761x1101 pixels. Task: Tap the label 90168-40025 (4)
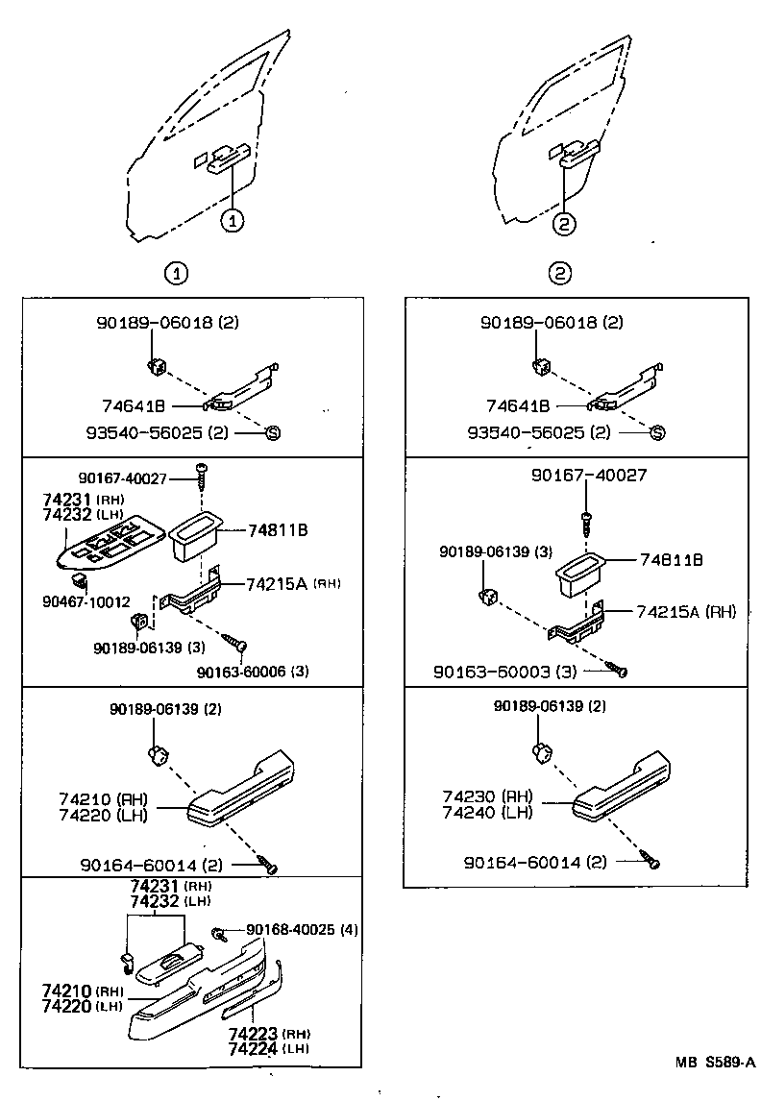click(x=302, y=929)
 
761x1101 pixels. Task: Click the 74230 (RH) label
click(x=488, y=796)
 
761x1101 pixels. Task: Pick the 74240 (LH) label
click(x=488, y=812)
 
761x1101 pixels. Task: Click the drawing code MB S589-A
click(x=715, y=1062)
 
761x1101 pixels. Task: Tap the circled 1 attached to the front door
click(x=232, y=221)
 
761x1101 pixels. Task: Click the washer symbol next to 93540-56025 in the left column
click(x=272, y=432)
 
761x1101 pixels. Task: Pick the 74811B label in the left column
click(x=278, y=529)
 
